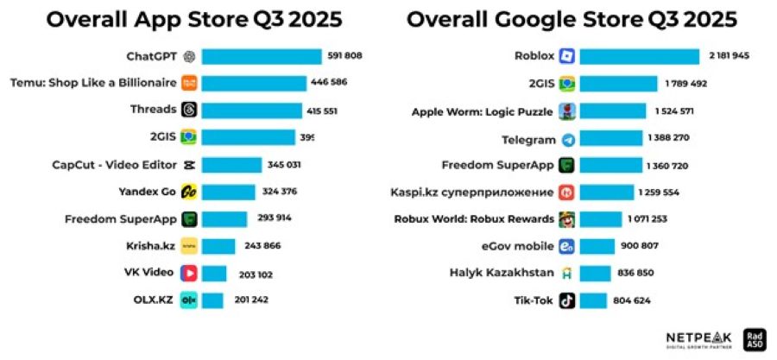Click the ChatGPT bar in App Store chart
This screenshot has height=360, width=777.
point(261,57)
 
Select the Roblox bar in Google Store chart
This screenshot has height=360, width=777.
point(639,57)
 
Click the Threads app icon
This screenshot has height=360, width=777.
point(188,110)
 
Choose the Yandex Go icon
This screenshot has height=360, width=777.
point(188,192)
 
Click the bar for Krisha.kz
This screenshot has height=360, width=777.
point(218,246)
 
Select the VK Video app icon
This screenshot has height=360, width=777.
point(188,273)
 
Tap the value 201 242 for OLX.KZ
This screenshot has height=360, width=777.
point(251,300)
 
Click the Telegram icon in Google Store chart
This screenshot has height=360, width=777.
point(567,139)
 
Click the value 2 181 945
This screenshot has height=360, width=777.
point(729,57)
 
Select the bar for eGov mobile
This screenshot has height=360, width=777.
point(597,246)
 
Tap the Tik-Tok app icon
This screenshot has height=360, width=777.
point(567,300)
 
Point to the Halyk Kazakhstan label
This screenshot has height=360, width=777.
point(502,273)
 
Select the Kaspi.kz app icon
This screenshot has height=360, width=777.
point(567,192)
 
